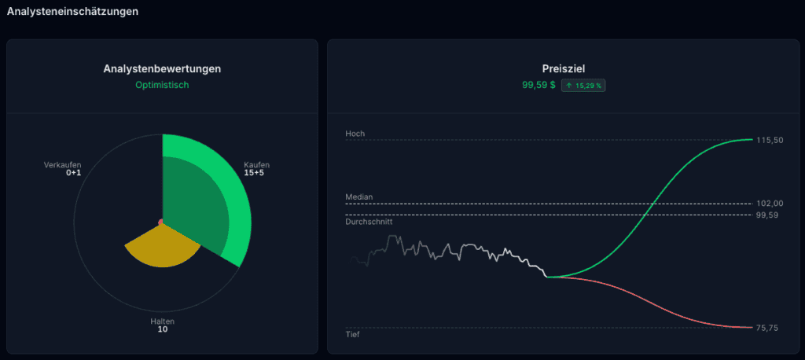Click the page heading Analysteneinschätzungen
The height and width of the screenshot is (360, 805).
pyautogui.click(x=72, y=11)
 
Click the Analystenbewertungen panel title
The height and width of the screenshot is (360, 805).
pyautogui.click(x=162, y=69)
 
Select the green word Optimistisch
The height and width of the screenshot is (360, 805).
pyautogui.click(x=162, y=85)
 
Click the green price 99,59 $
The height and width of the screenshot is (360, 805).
pyautogui.click(x=539, y=85)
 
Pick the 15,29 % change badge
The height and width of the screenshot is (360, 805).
pyautogui.click(x=583, y=86)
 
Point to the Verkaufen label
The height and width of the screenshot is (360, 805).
pyautogui.click(x=63, y=165)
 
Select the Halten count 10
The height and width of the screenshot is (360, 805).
pyautogui.click(x=162, y=329)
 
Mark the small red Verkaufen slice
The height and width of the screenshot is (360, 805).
pyautogui.click(x=160, y=222)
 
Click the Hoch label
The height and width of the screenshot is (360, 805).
pyautogui.click(x=355, y=134)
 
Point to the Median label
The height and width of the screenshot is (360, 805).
pyautogui.click(x=358, y=197)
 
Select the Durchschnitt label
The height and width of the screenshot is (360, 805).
pyautogui.click(x=369, y=222)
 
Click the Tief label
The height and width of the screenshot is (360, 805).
pyautogui.click(x=353, y=334)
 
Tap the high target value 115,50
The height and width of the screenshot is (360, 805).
pyautogui.click(x=770, y=140)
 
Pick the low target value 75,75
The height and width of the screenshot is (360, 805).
pyautogui.click(x=767, y=328)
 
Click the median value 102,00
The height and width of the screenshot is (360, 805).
pyautogui.click(x=770, y=204)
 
